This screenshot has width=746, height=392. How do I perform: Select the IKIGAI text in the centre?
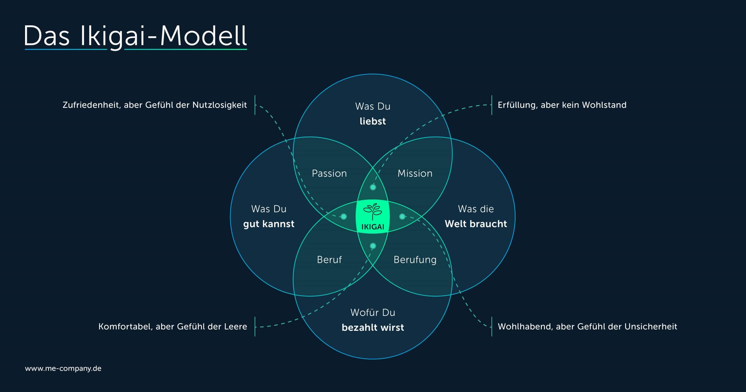(x=373, y=227)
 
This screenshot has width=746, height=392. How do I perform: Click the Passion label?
(x=329, y=174)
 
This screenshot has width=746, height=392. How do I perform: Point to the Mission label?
(x=415, y=174)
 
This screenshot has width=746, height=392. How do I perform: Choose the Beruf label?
(x=329, y=260)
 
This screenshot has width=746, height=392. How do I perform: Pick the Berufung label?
(x=415, y=260)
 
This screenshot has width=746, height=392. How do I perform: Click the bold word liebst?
(x=373, y=121)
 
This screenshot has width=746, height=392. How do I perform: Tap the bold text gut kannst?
(x=269, y=224)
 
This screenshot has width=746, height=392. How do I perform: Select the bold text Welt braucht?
(x=476, y=224)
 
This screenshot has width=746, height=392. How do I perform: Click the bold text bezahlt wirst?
(x=373, y=327)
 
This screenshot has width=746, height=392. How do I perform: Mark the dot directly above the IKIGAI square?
(x=373, y=187)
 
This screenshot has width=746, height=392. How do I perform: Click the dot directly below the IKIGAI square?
(x=373, y=246)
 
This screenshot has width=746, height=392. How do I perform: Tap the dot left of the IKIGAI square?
(x=344, y=216)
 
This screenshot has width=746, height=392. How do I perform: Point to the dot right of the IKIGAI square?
(x=402, y=216)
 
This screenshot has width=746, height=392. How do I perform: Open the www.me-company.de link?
(x=63, y=368)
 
